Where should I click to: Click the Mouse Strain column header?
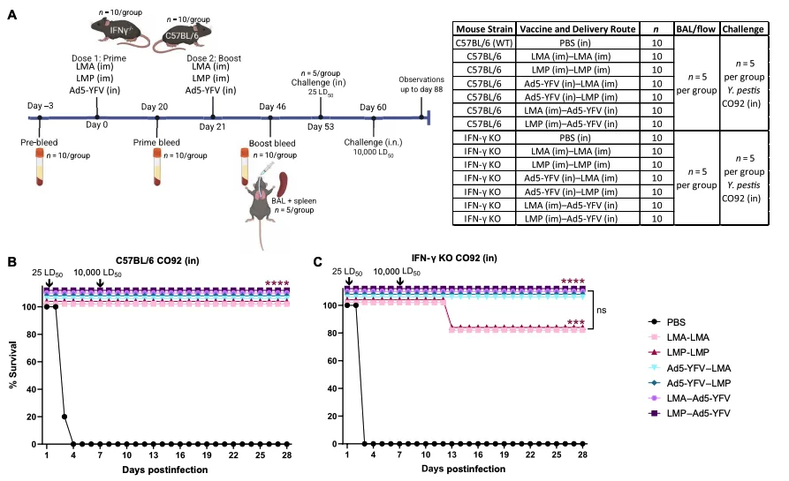(x=484, y=29)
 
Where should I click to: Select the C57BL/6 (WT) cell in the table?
(x=484, y=42)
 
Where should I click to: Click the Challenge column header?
(x=743, y=29)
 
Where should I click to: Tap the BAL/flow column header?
(x=696, y=29)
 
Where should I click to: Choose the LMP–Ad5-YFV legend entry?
(x=689, y=413)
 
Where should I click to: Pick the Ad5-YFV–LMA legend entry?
(x=690, y=368)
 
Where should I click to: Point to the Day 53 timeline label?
(x=321, y=127)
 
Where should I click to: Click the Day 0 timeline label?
(x=96, y=124)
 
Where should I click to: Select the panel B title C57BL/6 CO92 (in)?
(x=157, y=260)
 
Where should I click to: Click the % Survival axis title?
(x=13, y=365)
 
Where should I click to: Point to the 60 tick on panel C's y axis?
(x=331, y=361)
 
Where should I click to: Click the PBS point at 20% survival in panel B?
(x=64, y=417)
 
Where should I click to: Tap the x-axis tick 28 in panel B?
(x=287, y=455)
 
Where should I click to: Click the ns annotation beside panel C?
(x=602, y=310)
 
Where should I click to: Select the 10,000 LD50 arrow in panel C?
(x=399, y=281)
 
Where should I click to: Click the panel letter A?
(x=12, y=15)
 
